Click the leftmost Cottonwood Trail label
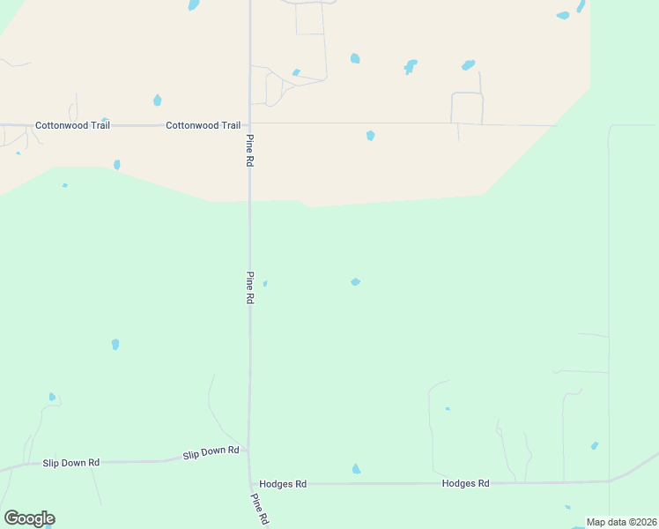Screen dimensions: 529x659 pos(72,125)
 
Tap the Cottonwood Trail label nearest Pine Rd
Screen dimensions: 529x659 pos(204,125)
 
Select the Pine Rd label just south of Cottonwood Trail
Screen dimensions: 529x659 pos(250,150)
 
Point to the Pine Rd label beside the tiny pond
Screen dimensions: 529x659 pos(250,287)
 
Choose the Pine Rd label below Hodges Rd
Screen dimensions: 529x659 pos(260,509)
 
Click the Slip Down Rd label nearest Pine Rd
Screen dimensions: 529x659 pos(211,452)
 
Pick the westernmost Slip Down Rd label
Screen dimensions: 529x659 pos(70,462)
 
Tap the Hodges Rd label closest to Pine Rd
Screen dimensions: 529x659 pos(283,484)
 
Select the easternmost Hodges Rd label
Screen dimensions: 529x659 pos(465,483)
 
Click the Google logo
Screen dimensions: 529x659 pos(29,518)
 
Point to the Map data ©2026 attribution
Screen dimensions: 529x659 pos(621,522)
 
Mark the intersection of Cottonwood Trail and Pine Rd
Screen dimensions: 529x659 pos(249,124)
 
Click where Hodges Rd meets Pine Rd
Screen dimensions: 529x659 pos(250,483)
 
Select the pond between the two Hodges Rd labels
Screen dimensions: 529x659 pos(356,469)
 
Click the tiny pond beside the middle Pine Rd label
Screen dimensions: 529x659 pos(264,283)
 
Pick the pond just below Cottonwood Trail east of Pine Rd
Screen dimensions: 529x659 pos(370,136)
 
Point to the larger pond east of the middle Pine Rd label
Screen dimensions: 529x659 pos(355,282)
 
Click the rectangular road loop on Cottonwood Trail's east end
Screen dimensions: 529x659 pos(467,108)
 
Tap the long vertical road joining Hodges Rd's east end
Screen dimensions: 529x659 pos(609,300)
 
